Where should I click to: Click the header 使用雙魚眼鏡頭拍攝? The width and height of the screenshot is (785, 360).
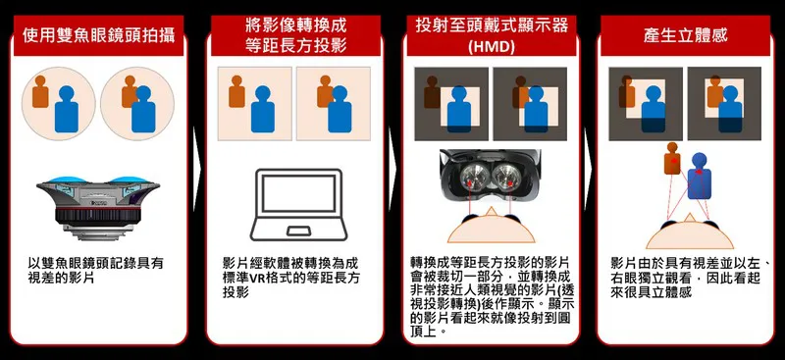click(x=99, y=35)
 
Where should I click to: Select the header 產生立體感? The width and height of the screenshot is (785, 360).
click(x=685, y=35)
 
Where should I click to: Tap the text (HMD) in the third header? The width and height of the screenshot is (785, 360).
click(x=492, y=47)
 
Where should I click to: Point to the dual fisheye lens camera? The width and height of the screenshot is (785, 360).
click(x=98, y=205)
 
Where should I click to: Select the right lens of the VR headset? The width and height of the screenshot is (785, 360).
click(x=506, y=178)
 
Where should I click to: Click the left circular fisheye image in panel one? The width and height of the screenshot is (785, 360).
click(x=59, y=104)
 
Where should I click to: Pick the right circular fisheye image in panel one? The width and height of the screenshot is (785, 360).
click(x=137, y=104)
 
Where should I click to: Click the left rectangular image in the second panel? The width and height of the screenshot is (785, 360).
click(x=254, y=104)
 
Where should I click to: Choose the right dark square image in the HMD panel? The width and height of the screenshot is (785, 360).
click(x=530, y=104)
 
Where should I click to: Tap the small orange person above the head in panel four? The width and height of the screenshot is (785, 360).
click(x=672, y=158)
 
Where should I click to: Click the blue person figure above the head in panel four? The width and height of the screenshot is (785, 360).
click(x=699, y=177)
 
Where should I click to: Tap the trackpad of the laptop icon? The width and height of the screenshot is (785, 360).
click(x=298, y=231)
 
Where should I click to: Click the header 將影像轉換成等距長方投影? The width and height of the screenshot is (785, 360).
click(x=296, y=35)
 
